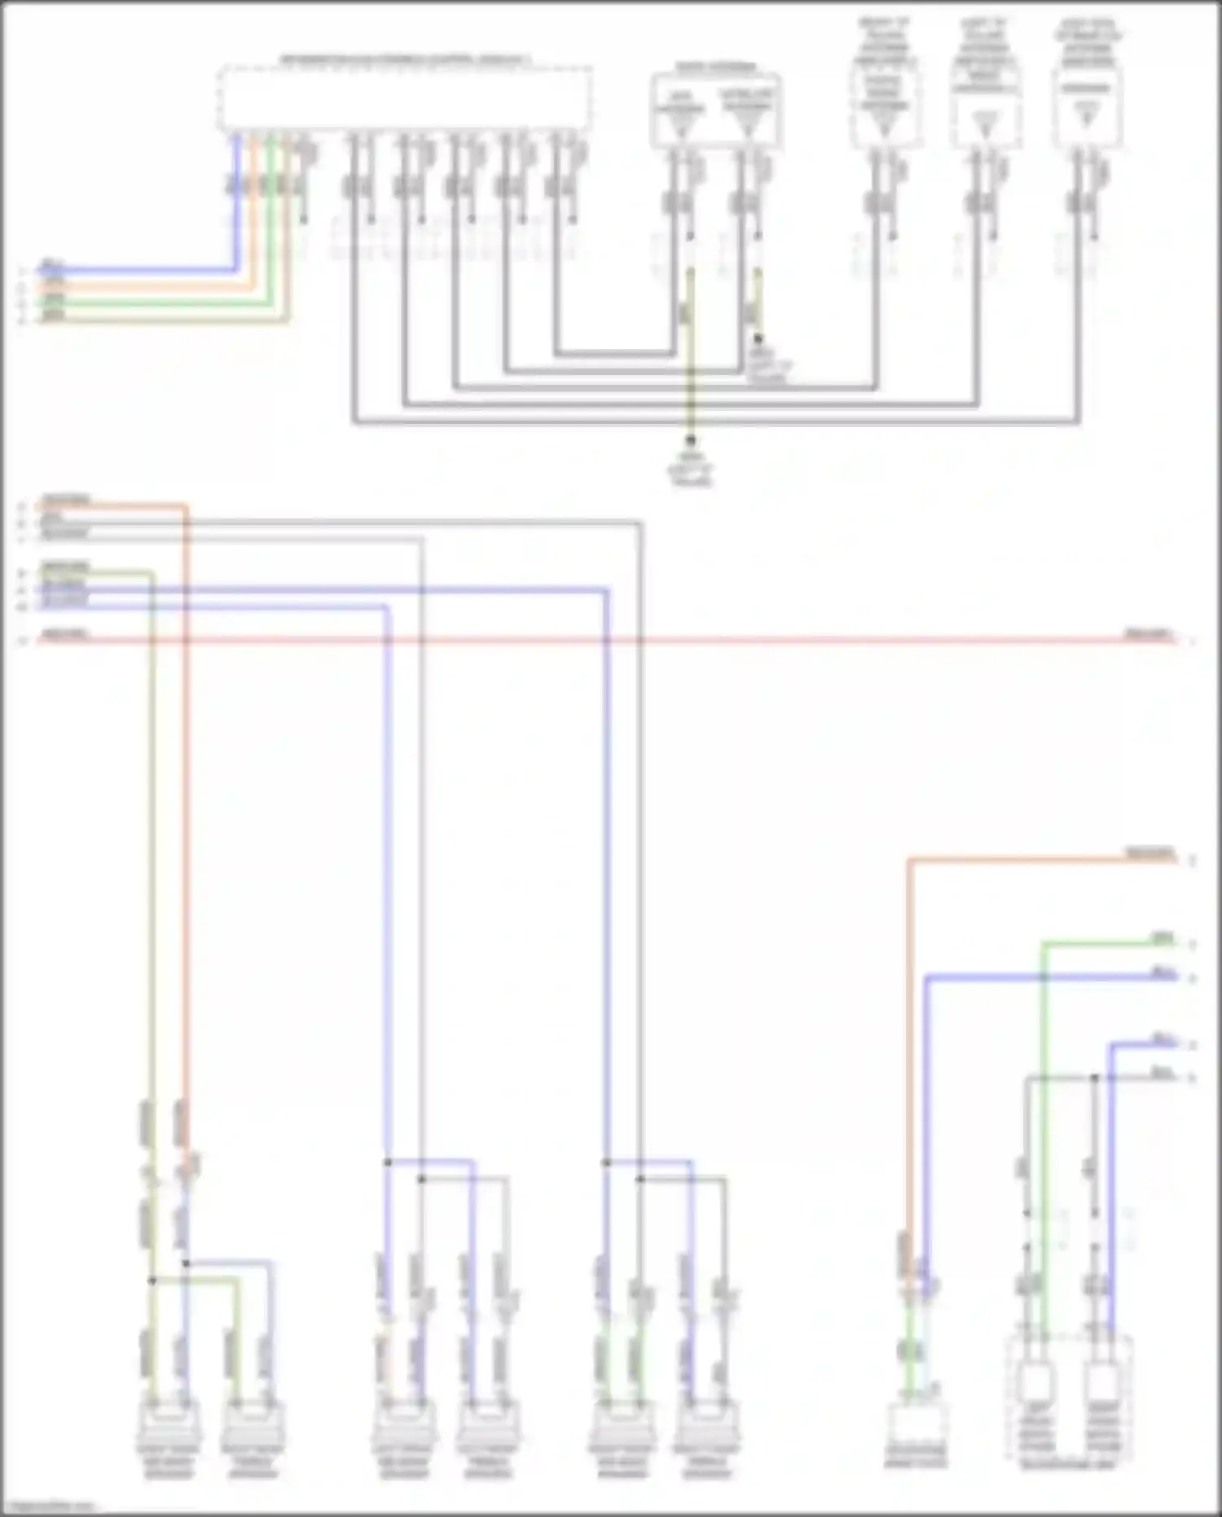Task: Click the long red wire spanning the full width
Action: click(x=570, y=641)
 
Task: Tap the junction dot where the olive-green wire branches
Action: click(x=152, y=1281)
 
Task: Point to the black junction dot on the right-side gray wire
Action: click(x=1095, y=1078)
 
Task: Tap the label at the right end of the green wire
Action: click(x=1161, y=938)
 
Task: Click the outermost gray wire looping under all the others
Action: click(x=717, y=422)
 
